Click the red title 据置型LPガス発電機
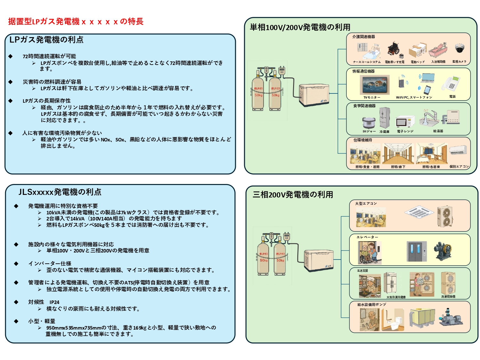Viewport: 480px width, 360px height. pyautogui.click(x=76, y=21)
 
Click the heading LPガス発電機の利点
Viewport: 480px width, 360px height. pyautogui.click(x=46, y=40)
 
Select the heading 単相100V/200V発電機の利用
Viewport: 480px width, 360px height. pyautogui.click(x=300, y=27)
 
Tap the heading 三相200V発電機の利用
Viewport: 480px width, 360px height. pyautogui.click(x=293, y=195)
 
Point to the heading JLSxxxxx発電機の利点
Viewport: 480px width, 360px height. pyautogui.click(x=60, y=192)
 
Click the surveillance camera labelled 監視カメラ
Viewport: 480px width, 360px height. pyautogui.click(x=459, y=49)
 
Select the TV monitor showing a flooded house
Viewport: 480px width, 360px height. pyautogui.click(x=374, y=85)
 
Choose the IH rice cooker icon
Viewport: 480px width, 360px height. pyautogui.click(x=369, y=123)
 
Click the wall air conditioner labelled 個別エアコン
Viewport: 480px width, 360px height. pyautogui.click(x=459, y=150)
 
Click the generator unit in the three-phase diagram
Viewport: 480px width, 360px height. pyautogui.click(x=319, y=260)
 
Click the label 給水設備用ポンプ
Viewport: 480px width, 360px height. pyautogui.click(x=372, y=305)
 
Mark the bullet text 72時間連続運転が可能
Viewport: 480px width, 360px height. pyautogui.click(x=49, y=56)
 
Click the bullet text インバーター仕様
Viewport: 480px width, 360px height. pyautogui.click(x=50, y=264)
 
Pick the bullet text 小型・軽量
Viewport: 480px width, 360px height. pyautogui.click(x=42, y=321)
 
